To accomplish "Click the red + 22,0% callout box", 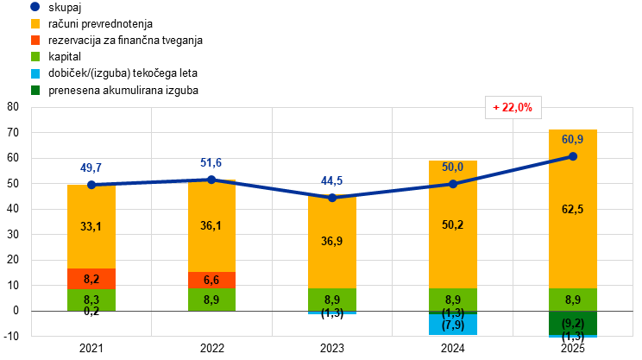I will [513, 108].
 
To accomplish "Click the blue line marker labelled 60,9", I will [573, 156].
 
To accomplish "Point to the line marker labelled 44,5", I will [332, 198].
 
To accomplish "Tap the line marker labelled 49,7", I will [91, 184].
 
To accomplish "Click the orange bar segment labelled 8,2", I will [91, 279].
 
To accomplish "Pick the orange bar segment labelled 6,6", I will [211, 280].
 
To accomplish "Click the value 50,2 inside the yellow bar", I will [452, 224].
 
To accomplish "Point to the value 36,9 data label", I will [331, 242].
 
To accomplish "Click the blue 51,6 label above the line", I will [211, 162].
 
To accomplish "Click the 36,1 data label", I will [211, 226].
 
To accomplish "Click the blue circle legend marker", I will [35, 6].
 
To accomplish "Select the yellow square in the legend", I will [35, 23].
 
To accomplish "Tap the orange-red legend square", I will [35, 40].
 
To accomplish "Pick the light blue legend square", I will [35, 73].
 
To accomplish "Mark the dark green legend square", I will [35, 90].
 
